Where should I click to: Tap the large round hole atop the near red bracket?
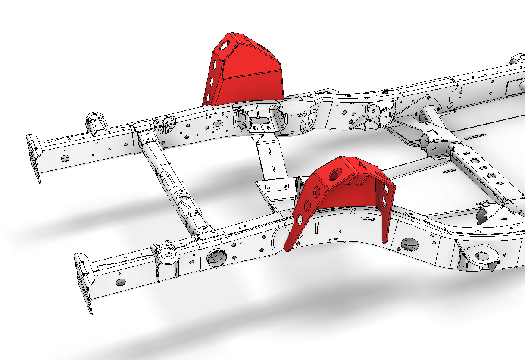click(x=334, y=174)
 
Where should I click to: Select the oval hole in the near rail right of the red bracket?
click(x=409, y=244)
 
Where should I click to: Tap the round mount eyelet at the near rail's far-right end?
click(x=481, y=256)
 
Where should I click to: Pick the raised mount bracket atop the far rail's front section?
click(x=95, y=122)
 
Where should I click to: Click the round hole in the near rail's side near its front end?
click(x=121, y=282)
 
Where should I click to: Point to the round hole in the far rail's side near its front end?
click(x=65, y=158)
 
